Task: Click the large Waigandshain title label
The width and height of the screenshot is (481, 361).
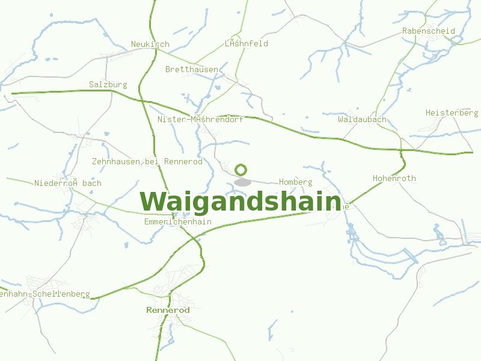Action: pos(240,201)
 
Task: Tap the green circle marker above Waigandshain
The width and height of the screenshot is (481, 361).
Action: pos(241,170)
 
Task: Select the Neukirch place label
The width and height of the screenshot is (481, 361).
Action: pos(150,44)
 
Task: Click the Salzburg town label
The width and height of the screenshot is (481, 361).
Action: pos(108,84)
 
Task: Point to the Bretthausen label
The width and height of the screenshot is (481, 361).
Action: pos(192,69)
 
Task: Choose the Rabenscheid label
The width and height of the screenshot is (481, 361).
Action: pos(429,31)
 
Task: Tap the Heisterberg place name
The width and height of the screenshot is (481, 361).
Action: pos(452,113)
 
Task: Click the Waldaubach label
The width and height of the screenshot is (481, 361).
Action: pos(362,119)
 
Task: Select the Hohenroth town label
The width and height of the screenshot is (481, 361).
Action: pos(394,178)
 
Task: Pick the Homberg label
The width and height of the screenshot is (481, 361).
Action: pos(296,182)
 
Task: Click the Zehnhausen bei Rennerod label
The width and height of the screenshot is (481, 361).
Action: pos(147,161)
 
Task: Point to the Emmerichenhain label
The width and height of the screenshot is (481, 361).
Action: pos(178,221)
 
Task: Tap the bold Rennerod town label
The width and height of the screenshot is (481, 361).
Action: pos(168,310)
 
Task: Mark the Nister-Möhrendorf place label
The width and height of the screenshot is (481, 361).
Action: pos(200,119)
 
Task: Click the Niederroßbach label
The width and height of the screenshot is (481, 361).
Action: pos(68,183)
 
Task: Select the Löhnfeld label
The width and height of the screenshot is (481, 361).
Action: pos(247,43)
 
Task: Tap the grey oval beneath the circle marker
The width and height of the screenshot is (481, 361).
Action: pos(242,182)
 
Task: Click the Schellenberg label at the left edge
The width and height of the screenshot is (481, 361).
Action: pos(45,294)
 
